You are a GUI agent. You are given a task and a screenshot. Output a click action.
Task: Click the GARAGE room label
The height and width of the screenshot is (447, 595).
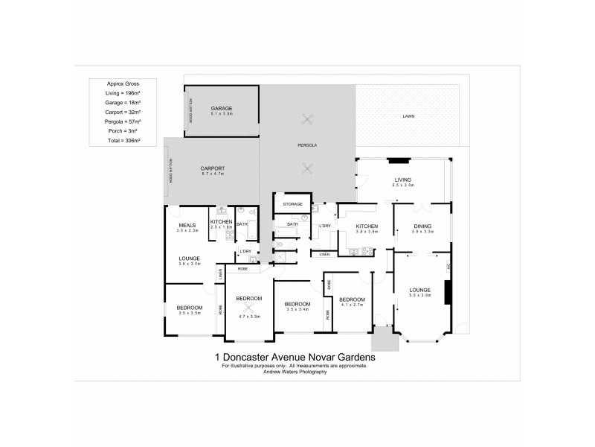222,108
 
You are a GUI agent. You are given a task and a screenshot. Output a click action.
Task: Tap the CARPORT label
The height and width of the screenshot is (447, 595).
212,168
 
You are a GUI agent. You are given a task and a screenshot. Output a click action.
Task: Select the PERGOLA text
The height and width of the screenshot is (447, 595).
308,145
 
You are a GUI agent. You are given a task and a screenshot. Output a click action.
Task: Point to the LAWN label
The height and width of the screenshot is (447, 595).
408,116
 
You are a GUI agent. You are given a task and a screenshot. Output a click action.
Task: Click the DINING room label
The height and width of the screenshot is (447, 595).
422,226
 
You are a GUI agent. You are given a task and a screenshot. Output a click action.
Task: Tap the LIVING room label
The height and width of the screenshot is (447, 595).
403,179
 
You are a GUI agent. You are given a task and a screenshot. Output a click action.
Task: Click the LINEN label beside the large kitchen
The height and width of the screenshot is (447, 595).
325,255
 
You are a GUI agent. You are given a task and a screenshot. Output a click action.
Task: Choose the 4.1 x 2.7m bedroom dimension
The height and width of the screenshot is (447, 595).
353,304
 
